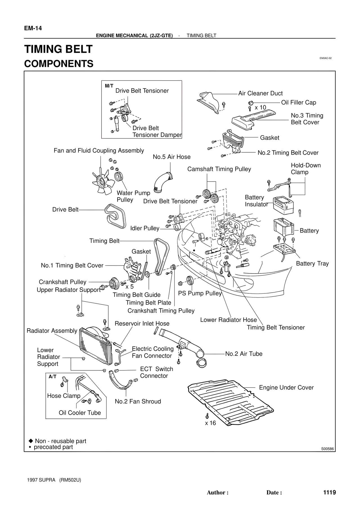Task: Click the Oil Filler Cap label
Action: pos(298,103)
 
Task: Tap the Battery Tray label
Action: pos(312,264)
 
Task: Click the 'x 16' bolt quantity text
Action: pos(210,423)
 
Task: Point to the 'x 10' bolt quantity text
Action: pos(260,108)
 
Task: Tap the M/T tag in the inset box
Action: pos(109,86)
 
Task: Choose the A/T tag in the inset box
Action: pos(53,377)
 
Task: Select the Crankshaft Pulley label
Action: pos(62,282)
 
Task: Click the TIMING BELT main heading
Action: pos(58,49)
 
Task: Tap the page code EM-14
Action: pos(33,28)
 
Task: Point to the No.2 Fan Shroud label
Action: pos(138,401)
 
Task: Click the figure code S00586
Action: pos(327,449)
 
